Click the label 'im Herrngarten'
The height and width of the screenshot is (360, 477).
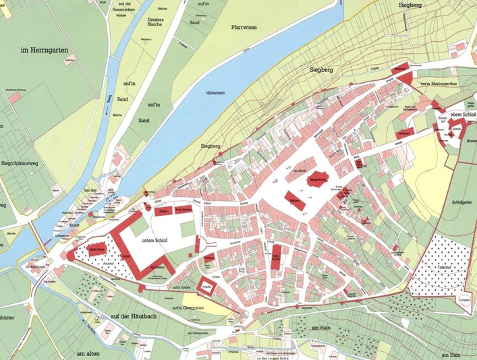(46, 51)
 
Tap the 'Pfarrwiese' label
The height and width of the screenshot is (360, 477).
(247, 28)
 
